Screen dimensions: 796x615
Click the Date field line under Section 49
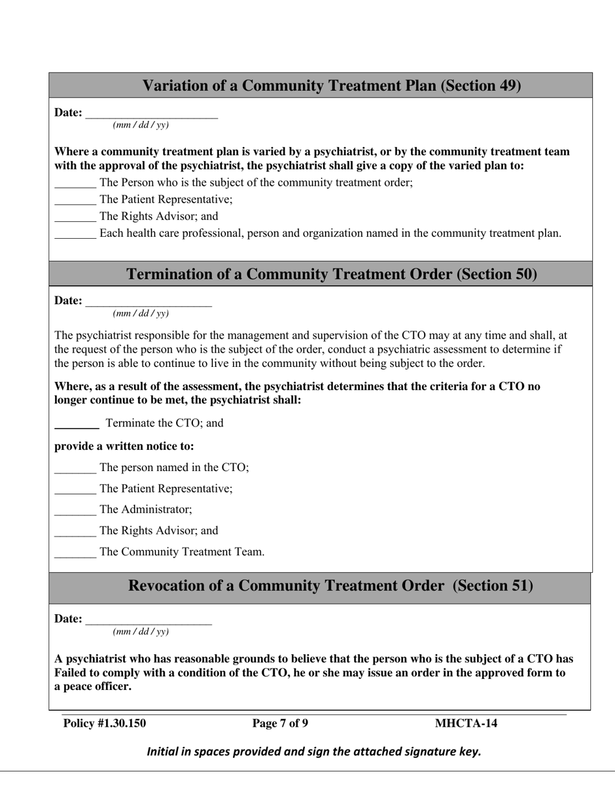point(151,115)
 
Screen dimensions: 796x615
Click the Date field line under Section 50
point(148,302)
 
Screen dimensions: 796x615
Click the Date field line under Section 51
point(148,621)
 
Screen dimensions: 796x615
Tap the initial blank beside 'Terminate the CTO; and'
point(76,425)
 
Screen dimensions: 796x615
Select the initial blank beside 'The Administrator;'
point(75,511)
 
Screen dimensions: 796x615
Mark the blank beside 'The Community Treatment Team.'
point(75,553)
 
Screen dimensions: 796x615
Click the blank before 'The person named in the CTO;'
point(75,469)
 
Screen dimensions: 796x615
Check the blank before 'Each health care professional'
point(75,235)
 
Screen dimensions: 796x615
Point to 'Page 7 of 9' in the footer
point(280,724)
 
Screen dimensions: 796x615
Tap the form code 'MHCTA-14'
point(466,724)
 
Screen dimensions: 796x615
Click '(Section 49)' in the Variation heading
point(481,85)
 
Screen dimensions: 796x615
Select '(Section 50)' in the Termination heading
point(497,274)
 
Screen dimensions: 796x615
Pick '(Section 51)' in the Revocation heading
point(493,586)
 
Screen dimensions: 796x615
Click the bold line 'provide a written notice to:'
point(124,447)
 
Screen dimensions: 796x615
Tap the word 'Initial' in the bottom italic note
point(162,752)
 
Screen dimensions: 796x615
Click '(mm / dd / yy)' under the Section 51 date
point(140,632)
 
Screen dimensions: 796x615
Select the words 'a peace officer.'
point(93,687)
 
